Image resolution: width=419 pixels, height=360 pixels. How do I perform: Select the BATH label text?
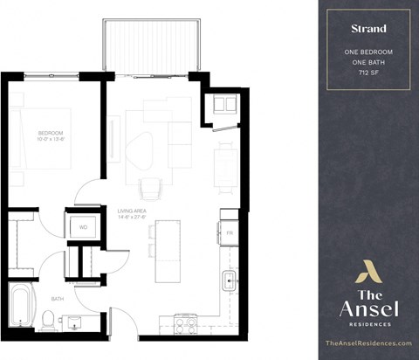(x=57, y=298)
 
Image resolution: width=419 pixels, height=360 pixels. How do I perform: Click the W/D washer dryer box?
(x=84, y=226)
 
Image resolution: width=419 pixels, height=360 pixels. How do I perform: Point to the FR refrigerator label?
(x=230, y=234)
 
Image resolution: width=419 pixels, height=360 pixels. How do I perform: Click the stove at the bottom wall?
(x=186, y=325)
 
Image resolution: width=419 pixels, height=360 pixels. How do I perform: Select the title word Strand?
(x=367, y=28)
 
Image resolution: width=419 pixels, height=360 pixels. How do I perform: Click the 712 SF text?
(x=367, y=73)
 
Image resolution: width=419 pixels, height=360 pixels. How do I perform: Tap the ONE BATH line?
(x=367, y=63)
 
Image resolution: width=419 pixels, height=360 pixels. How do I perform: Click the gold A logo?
(x=367, y=273)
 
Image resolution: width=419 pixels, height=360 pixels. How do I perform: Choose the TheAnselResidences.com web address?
(x=367, y=344)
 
